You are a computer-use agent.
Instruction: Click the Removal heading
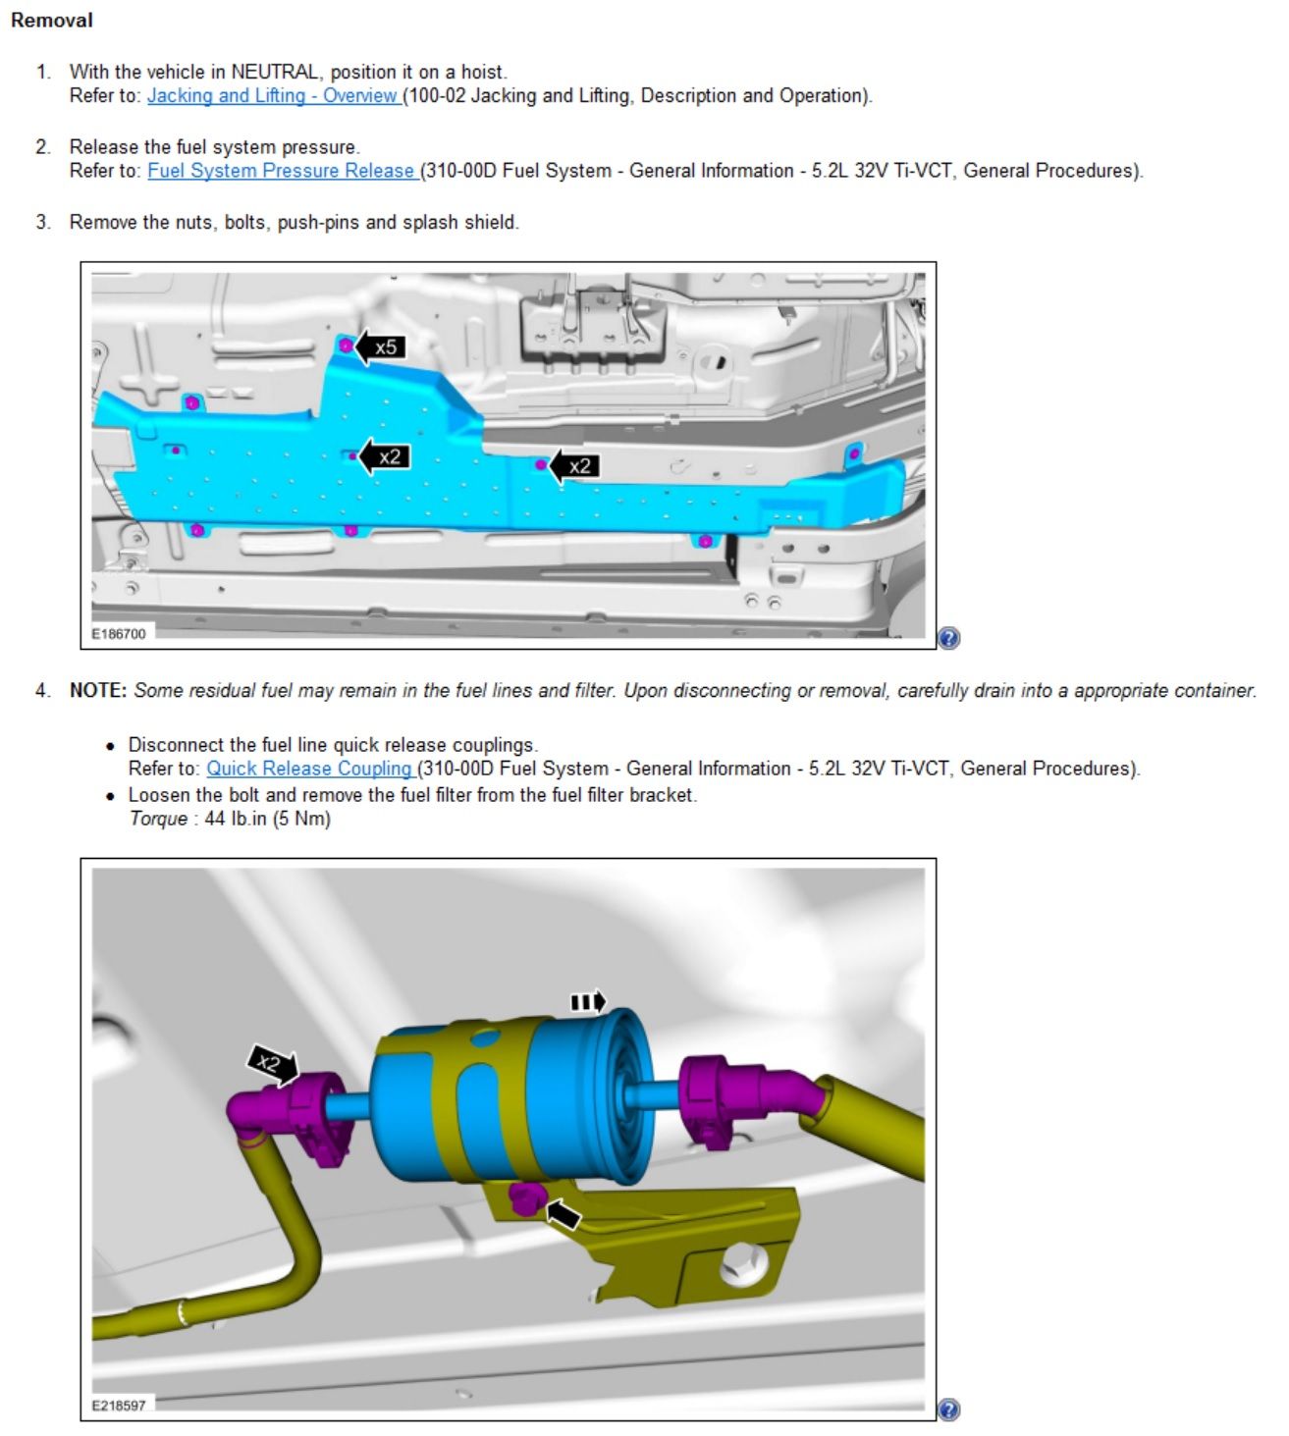pyautogui.click(x=52, y=20)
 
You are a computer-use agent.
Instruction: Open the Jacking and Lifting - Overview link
pyautogui.click(x=273, y=95)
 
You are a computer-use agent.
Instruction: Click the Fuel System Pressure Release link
pyautogui.click(x=282, y=171)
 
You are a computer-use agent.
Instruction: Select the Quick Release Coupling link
pyautogui.click(x=309, y=769)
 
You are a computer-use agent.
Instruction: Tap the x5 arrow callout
pyautogui.click(x=379, y=347)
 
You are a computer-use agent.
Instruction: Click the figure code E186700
pyautogui.click(x=119, y=634)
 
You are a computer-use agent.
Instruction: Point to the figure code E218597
pyautogui.click(x=119, y=1405)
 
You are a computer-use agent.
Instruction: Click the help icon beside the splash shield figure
pyautogui.click(x=948, y=638)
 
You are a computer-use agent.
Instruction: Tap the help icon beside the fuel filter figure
pyautogui.click(x=948, y=1409)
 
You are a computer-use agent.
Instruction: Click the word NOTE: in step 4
pyautogui.click(x=98, y=690)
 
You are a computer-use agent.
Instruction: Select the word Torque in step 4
pyautogui.click(x=158, y=819)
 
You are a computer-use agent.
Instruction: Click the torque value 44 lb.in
pyautogui.click(x=236, y=819)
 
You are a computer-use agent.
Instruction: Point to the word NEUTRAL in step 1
pyautogui.click(x=275, y=73)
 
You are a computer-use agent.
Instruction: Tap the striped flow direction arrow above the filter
pyautogui.click(x=588, y=1001)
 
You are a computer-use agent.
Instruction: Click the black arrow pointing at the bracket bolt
pyautogui.click(x=564, y=1214)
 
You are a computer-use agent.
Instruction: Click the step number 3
pyautogui.click(x=43, y=223)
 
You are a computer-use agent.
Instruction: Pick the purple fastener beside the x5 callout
pyautogui.click(x=346, y=346)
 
